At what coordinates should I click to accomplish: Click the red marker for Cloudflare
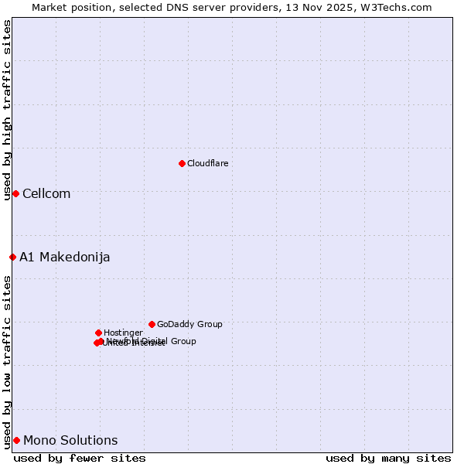click(182, 163)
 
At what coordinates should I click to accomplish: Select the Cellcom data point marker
click(15, 193)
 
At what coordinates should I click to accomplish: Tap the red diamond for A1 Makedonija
click(12, 257)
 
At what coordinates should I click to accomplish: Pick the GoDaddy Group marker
click(152, 324)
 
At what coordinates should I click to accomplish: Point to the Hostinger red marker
click(98, 333)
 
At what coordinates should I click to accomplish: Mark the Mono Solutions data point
click(16, 440)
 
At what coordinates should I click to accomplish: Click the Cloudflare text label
click(208, 163)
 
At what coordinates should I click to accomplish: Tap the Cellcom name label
click(46, 193)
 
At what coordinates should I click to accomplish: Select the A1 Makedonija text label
click(65, 257)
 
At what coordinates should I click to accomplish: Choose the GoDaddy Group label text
click(189, 324)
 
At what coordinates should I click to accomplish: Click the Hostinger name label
click(123, 333)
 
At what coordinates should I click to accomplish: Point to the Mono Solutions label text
click(70, 440)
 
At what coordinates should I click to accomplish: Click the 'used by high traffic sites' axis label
click(7, 110)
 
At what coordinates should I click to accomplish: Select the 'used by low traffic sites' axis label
click(7, 361)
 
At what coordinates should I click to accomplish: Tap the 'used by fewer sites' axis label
click(80, 458)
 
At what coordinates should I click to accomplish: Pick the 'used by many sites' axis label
click(388, 458)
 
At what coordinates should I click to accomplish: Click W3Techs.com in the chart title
click(400, 7)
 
